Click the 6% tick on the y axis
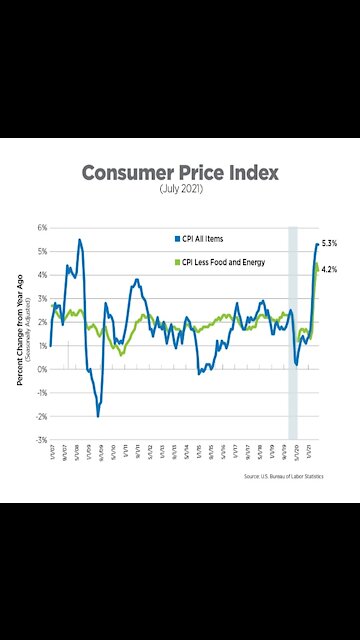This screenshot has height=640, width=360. pyautogui.click(x=42, y=227)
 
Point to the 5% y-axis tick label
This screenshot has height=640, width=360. pyautogui.click(x=42, y=251)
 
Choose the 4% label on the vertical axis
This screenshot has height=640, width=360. pyautogui.click(x=42, y=275)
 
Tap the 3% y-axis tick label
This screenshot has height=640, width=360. pyautogui.click(x=42, y=298)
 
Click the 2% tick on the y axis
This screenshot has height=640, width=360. pyautogui.click(x=42, y=322)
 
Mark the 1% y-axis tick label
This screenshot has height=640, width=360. pyautogui.click(x=42, y=345)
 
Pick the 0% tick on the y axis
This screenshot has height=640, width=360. pyautogui.click(x=42, y=369)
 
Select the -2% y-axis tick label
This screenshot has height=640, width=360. pyautogui.click(x=41, y=416)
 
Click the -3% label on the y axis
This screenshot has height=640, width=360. pyautogui.click(x=41, y=440)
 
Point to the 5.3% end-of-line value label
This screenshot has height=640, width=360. pyautogui.click(x=329, y=244)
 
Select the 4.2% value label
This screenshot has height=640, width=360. pyautogui.click(x=329, y=269)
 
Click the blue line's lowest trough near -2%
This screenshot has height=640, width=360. pyautogui.click(x=98, y=415)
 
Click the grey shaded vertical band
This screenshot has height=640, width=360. pyautogui.click(x=293, y=330)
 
